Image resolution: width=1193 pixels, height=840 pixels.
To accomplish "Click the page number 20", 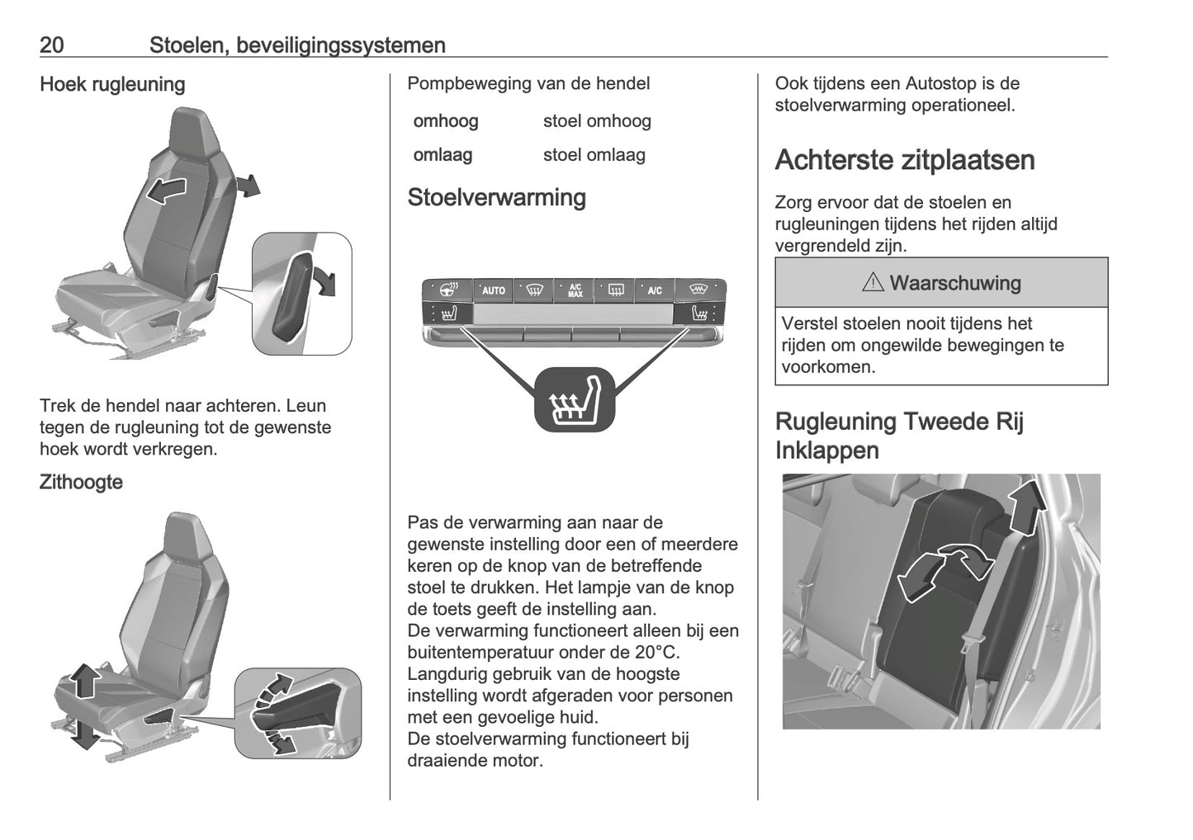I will tap(51, 45).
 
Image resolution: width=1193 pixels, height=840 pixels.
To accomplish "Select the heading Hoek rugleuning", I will tap(112, 84).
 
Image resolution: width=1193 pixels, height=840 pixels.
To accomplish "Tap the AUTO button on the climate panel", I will tap(493, 290).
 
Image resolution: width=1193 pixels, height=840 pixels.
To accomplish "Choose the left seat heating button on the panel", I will tap(449, 314).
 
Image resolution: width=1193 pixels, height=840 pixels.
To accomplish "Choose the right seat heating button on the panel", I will tap(700, 314).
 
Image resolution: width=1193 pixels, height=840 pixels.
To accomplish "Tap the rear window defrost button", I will tap(615, 290).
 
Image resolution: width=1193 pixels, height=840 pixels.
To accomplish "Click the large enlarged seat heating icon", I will tap(575, 399).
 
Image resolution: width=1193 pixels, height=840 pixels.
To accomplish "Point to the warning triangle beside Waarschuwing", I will tap(872, 283).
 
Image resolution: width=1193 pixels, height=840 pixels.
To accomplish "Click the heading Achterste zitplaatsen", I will tap(904, 160).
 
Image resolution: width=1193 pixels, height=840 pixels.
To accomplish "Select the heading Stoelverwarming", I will tap(496, 197).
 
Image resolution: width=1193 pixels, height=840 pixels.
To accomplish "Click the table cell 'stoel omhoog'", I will tap(597, 121).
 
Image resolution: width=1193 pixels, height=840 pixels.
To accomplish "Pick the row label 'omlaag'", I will tap(443, 155).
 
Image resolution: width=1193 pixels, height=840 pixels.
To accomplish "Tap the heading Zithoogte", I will tap(81, 482).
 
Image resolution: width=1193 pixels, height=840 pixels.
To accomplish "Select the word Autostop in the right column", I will tap(940, 83).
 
